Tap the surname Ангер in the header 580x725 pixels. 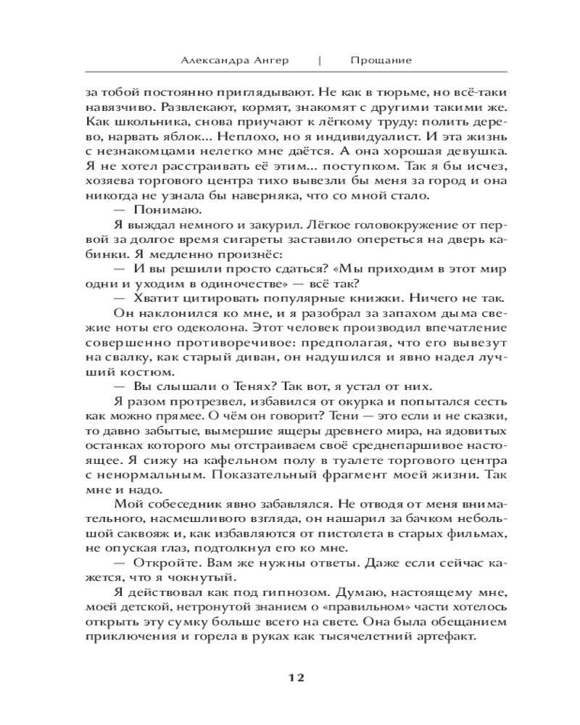pos(269,60)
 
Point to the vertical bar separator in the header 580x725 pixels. pos(320,60)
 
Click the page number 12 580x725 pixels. pos(290,678)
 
